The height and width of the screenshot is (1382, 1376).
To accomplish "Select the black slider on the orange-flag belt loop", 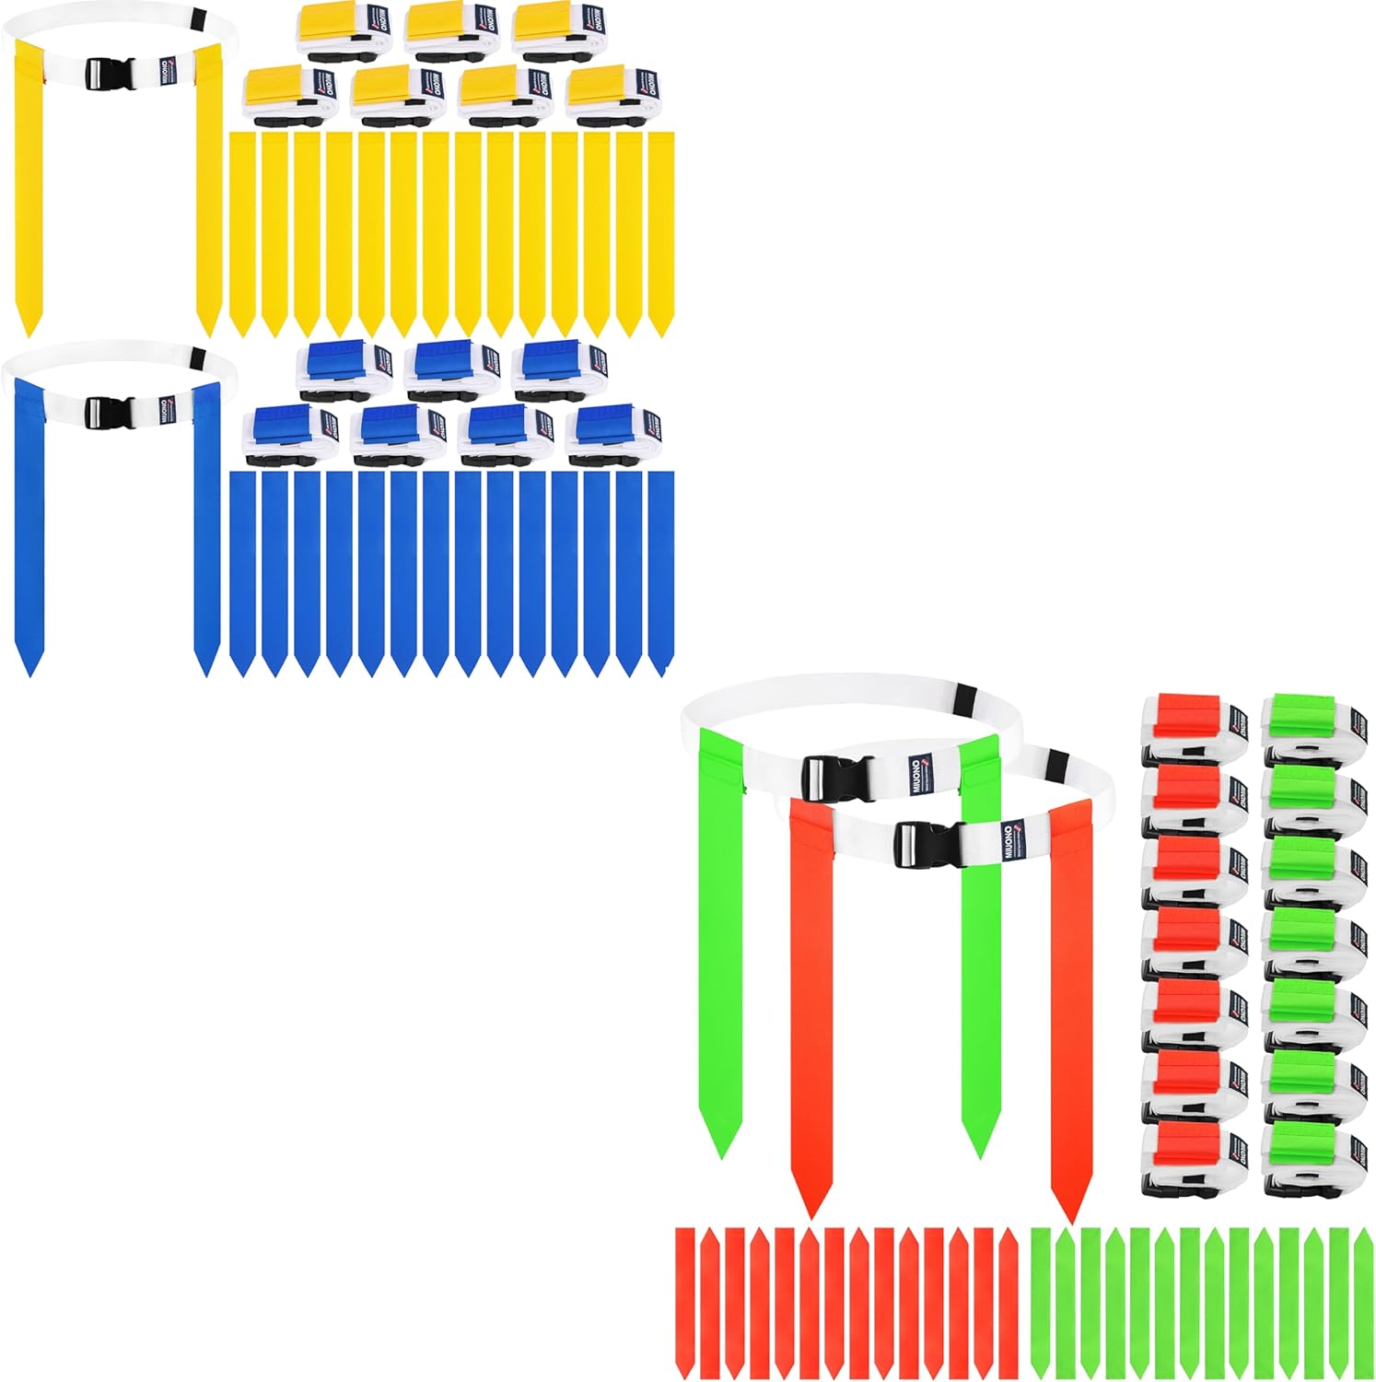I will pyautogui.click(x=1058, y=762).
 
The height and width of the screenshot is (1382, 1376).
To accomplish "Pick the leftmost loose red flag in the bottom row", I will pyautogui.click(x=685, y=1299).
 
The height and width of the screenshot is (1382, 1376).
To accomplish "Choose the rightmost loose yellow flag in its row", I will pyautogui.click(x=661, y=230).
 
